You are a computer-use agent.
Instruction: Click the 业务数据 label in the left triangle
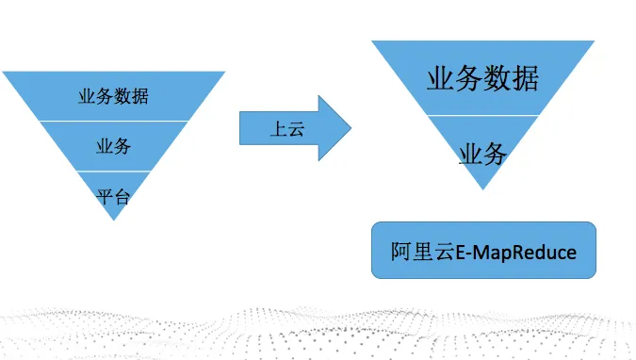click(x=113, y=96)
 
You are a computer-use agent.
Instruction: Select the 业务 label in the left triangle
click(x=113, y=146)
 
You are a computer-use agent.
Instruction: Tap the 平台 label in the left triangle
click(x=113, y=196)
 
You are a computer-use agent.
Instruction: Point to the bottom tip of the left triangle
click(x=113, y=220)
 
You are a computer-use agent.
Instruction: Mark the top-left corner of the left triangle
click(x=4, y=72)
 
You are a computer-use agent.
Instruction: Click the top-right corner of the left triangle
click(x=224, y=72)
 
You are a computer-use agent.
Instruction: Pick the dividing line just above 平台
click(x=113, y=172)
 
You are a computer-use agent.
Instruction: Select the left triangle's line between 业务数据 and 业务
click(x=113, y=121)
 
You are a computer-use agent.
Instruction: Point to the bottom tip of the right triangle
click(x=483, y=188)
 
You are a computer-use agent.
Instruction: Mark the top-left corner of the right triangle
click(x=373, y=41)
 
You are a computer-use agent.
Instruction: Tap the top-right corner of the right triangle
click(x=594, y=41)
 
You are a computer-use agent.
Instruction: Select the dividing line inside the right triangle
click(x=483, y=115)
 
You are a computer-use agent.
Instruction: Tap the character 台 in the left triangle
click(x=122, y=196)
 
